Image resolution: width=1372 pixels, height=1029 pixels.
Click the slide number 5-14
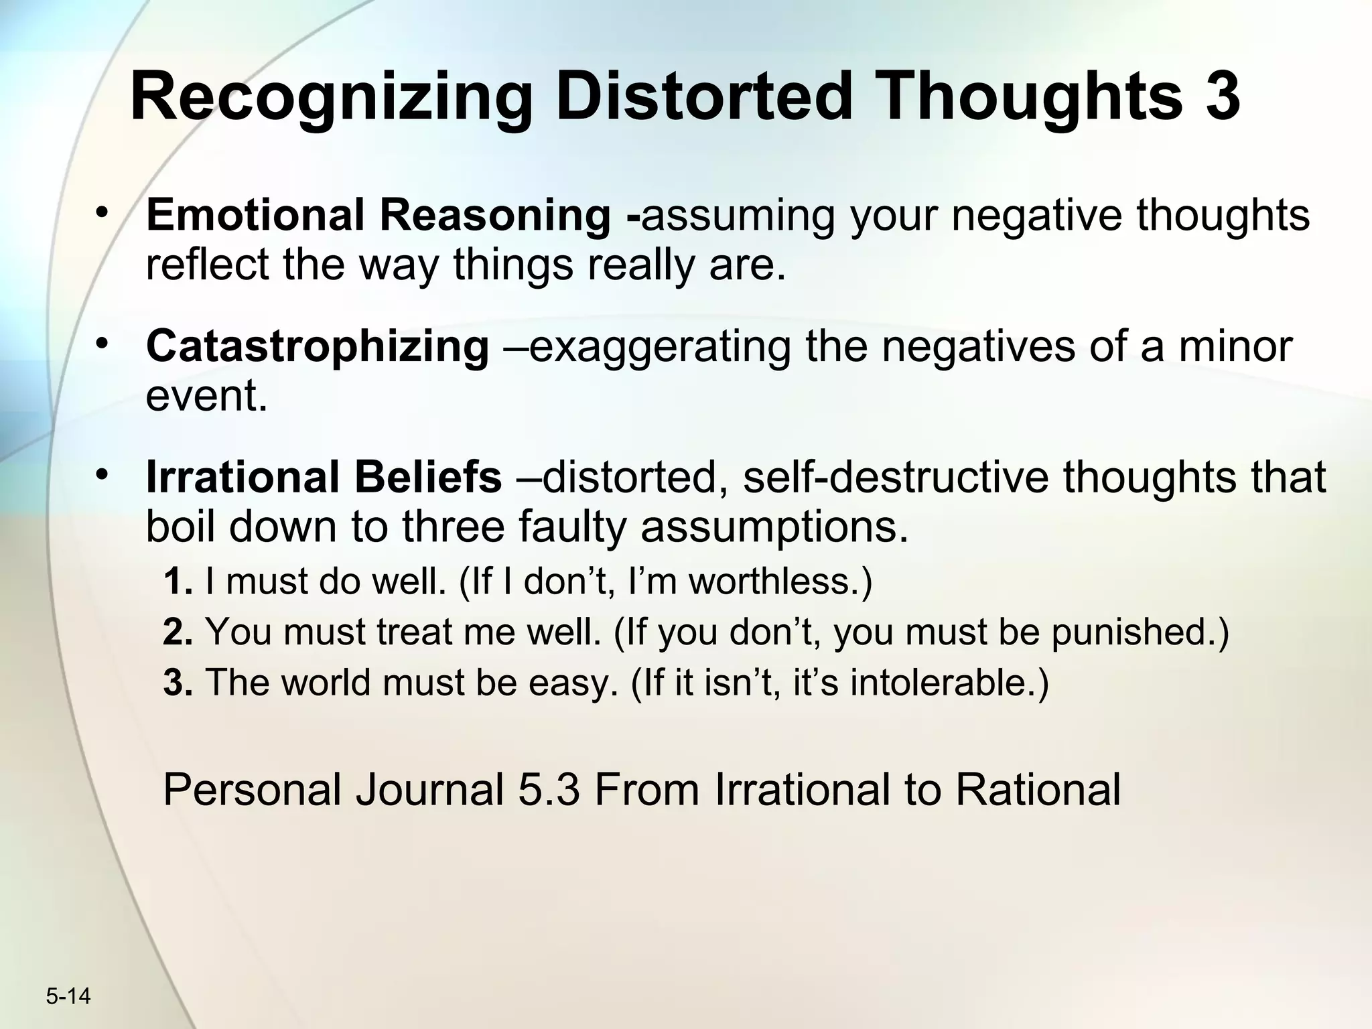tap(68, 996)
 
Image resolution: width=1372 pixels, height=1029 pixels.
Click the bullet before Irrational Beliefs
tap(102, 475)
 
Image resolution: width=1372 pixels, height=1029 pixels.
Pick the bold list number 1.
tap(177, 581)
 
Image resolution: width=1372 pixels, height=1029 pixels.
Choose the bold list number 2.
tap(178, 632)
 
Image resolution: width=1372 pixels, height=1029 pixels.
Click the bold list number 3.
tap(178, 683)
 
